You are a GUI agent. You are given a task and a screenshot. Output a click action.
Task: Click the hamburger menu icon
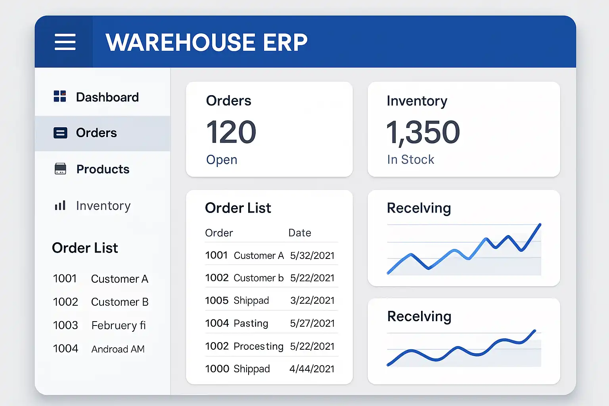click(65, 42)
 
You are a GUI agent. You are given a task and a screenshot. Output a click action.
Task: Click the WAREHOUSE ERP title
click(206, 42)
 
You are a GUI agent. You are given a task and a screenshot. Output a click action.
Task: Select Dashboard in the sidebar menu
click(107, 97)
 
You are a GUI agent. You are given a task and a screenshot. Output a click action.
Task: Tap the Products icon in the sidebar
click(60, 169)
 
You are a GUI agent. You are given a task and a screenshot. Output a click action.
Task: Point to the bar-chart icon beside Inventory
click(60, 205)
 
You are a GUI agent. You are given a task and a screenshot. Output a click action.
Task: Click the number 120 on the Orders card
click(231, 132)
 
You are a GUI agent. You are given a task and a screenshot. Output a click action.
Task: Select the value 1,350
click(423, 132)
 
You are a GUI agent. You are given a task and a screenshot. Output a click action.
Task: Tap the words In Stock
click(410, 159)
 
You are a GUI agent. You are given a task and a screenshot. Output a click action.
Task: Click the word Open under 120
click(222, 159)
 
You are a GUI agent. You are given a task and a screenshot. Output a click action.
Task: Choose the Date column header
click(299, 233)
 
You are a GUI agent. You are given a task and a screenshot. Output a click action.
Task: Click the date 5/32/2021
click(312, 255)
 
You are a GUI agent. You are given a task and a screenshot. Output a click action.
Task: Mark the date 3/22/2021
click(312, 301)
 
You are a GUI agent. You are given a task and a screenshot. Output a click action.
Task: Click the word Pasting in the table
click(251, 324)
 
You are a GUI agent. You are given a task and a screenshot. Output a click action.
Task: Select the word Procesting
click(259, 346)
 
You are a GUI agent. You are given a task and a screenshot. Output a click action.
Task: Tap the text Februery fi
click(119, 326)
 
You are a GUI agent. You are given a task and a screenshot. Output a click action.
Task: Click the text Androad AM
click(118, 349)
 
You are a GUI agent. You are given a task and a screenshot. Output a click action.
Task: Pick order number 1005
click(216, 301)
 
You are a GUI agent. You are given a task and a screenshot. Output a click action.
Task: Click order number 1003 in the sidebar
click(65, 325)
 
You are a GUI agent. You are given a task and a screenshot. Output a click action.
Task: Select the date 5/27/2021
click(312, 324)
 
